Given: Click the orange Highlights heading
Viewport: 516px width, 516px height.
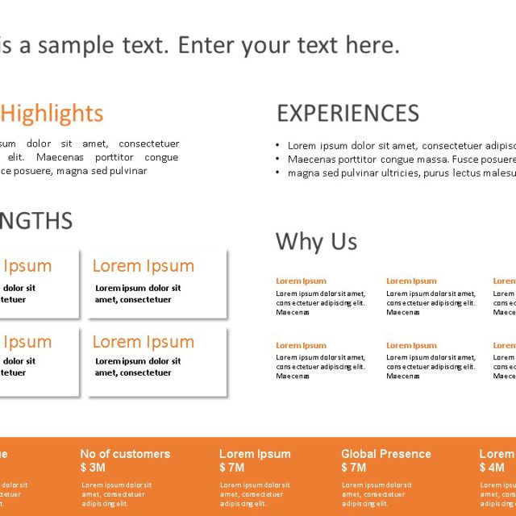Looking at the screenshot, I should click(52, 113).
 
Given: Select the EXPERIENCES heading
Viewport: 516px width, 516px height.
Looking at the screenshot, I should click(347, 113).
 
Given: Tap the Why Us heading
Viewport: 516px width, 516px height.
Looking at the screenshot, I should click(316, 241).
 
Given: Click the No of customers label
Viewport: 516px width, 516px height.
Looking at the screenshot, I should click(125, 454).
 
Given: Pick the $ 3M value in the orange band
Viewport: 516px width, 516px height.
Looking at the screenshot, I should click(93, 468).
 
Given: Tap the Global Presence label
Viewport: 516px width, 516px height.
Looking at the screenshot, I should click(385, 454).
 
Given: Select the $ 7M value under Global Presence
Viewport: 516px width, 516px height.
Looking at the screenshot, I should click(353, 468).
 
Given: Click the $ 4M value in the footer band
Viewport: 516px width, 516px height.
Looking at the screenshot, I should click(492, 468).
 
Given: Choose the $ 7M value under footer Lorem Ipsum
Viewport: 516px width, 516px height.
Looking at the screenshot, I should click(231, 468).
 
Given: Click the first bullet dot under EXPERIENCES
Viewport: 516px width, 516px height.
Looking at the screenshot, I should click(278, 146).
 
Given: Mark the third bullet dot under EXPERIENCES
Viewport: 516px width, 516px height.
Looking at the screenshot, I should click(278, 173).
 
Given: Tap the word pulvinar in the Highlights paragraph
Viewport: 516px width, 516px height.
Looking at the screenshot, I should click(128, 171).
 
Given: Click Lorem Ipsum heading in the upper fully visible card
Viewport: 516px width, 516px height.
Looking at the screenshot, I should click(144, 266).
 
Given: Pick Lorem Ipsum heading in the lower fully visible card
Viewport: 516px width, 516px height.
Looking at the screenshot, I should click(144, 342).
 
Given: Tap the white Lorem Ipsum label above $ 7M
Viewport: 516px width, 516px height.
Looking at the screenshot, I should click(255, 454).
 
